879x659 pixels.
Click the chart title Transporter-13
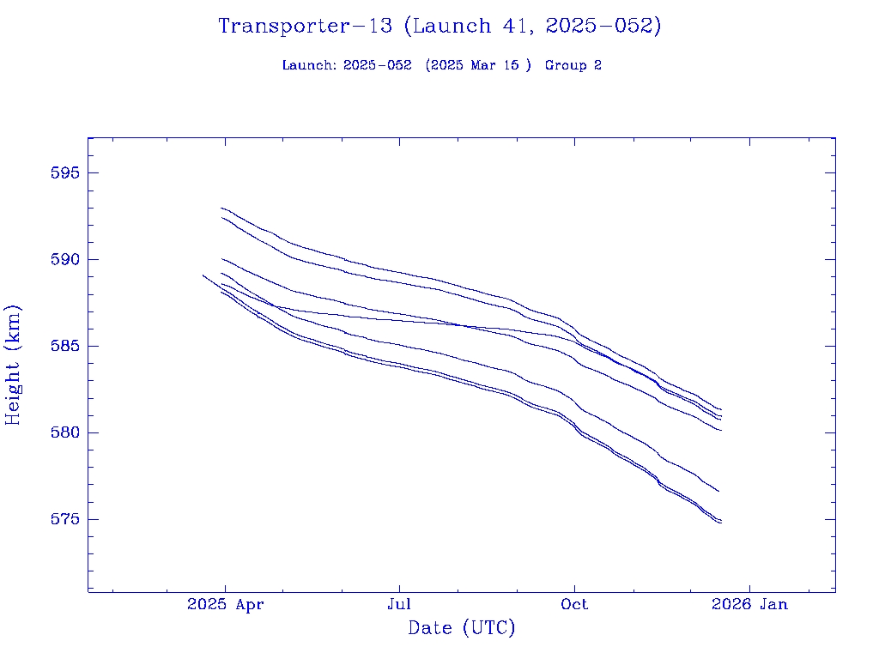[x=306, y=27]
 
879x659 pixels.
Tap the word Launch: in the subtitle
[x=308, y=66]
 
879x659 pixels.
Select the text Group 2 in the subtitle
[x=573, y=66]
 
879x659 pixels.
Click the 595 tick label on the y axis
[x=65, y=173]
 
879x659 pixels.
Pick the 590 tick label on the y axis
[x=65, y=260]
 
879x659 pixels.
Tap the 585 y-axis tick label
[x=65, y=347]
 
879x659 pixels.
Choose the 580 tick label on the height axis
[x=65, y=433]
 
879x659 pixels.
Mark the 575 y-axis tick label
[x=65, y=520]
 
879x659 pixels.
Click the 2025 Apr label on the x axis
[x=225, y=605]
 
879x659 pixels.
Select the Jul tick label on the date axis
[x=399, y=605]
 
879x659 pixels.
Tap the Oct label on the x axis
[x=574, y=605]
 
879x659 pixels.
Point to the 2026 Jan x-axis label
[x=749, y=605]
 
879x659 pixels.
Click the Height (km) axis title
[x=13, y=365]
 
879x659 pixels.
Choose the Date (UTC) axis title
[x=462, y=629]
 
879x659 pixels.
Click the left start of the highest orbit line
[x=221, y=208]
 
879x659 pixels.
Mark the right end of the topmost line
[x=721, y=409]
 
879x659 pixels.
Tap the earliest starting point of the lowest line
[x=203, y=275]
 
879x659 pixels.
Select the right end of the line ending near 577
[x=718, y=491]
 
